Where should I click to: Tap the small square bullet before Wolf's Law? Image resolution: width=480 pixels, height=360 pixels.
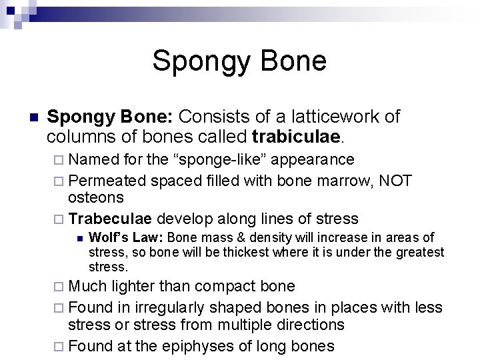point(78,238)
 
